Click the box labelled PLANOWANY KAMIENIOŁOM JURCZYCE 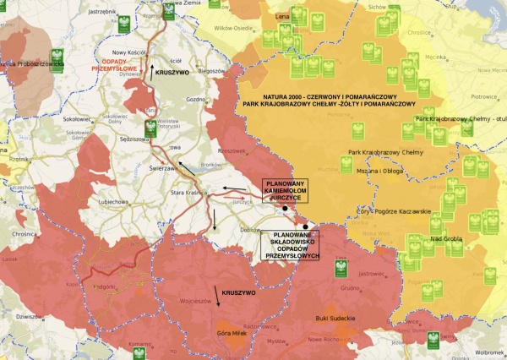click(284, 191)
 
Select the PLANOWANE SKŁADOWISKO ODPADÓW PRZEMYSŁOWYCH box click(290, 245)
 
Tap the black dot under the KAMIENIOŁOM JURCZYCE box click(286, 207)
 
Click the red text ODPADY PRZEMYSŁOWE click(115, 67)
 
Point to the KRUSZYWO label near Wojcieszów click(233, 292)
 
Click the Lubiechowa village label click(112, 203)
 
